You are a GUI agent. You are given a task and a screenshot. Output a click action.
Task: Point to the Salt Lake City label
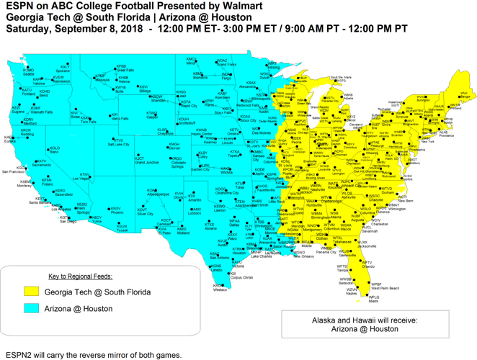click(119, 145)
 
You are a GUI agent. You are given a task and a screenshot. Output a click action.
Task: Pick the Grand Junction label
click(147, 163)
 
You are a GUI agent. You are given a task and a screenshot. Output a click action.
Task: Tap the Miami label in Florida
click(373, 302)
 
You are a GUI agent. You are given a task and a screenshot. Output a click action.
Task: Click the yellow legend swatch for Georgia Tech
click(30, 292)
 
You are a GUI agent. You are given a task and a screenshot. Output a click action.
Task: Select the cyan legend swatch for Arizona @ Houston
click(30, 308)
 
